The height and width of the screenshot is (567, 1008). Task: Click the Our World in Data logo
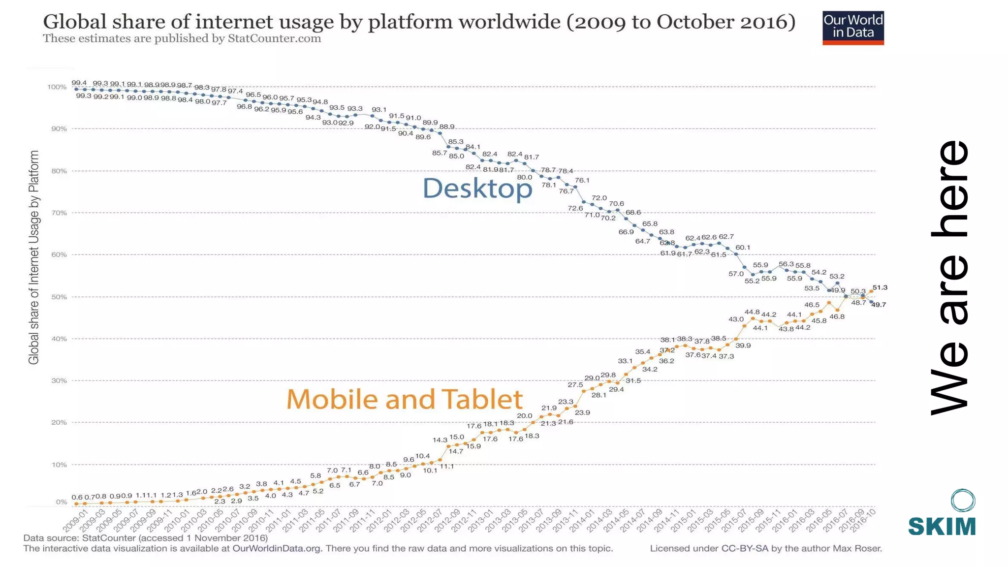tap(853, 28)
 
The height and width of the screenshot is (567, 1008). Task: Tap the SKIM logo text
tap(942, 526)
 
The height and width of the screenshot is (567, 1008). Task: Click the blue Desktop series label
tap(477, 189)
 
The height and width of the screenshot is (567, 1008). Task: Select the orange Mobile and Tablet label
tap(404, 399)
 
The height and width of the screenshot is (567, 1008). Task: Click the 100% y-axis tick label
tap(57, 87)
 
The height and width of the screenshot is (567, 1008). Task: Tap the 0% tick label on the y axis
tap(62, 502)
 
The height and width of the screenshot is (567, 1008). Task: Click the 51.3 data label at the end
tap(880, 287)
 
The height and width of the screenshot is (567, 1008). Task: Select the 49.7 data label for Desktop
tap(879, 305)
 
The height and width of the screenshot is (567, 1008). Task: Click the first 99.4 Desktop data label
tap(79, 83)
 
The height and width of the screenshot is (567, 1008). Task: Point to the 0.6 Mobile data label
tap(77, 497)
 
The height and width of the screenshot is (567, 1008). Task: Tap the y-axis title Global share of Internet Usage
tap(33, 257)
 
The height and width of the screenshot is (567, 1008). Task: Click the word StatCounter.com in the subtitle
tap(274, 38)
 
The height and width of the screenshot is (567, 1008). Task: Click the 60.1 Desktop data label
tap(743, 248)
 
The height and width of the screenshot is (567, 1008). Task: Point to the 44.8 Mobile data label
tap(752, 312)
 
